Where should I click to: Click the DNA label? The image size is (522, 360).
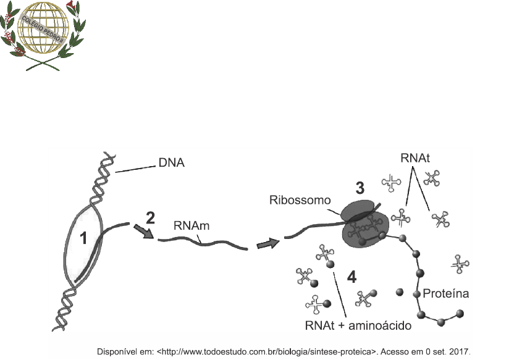(x=172, y=164)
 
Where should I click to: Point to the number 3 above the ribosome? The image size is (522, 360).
(x=360, y=187)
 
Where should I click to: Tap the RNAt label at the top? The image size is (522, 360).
(x=415, y=157)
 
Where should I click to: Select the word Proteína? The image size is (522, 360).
(x=445, y=293)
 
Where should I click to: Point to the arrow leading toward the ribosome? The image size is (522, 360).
(x=267, y=244)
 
